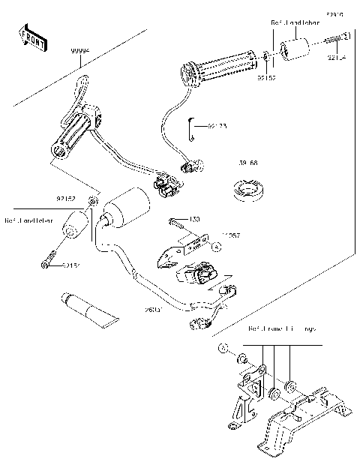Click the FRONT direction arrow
pos(32,37)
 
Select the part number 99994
pos(80,49)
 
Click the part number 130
pos(194,219)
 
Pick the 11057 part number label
pos(232,235)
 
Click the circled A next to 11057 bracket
pos(214,246)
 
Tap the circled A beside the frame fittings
pos(223,349)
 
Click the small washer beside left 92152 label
pos(92,201)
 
